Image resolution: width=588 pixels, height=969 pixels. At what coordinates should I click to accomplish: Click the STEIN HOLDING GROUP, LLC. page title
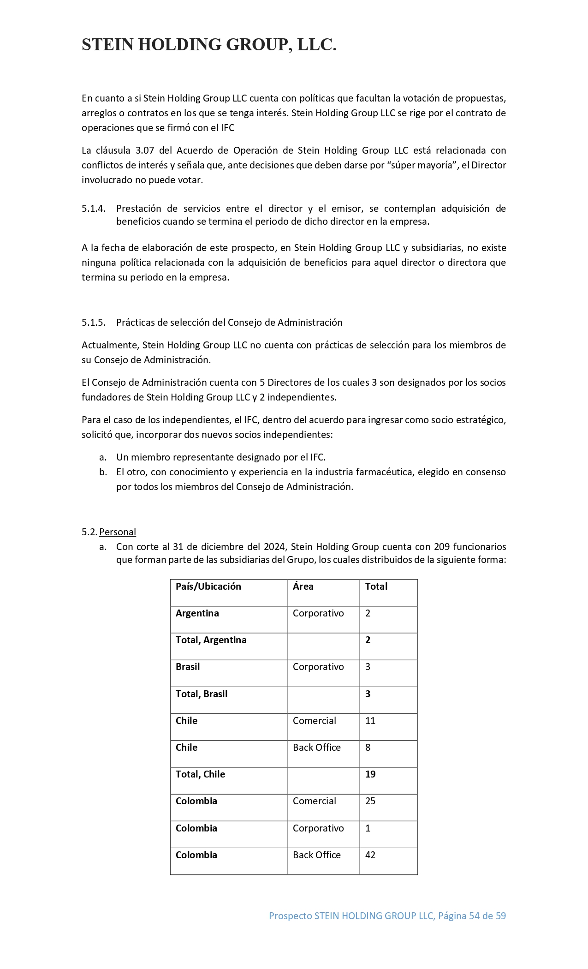209,45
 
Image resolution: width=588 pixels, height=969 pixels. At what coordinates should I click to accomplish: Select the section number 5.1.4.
94,209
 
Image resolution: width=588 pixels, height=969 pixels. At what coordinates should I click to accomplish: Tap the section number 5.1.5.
94,323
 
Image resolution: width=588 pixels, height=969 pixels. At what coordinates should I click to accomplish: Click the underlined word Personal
118,532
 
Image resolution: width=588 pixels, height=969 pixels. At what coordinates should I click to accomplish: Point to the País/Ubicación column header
208,586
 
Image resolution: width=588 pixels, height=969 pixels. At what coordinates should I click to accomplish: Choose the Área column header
303,586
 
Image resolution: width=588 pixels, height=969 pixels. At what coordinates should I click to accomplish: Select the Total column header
376,586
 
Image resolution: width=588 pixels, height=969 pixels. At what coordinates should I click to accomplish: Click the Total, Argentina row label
211,640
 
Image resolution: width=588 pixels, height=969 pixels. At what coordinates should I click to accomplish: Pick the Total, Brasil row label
202,694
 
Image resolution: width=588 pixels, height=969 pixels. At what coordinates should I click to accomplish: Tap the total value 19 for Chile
370,774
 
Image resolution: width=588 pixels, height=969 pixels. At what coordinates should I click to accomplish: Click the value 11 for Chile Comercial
370,721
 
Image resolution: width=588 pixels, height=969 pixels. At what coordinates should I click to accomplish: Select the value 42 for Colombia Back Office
370,855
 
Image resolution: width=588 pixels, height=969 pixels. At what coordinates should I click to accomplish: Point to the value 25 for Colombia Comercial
370,801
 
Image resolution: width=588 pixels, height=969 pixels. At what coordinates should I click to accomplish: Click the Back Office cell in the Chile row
317,748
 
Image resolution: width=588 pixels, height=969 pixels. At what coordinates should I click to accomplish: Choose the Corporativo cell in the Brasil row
318,667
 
